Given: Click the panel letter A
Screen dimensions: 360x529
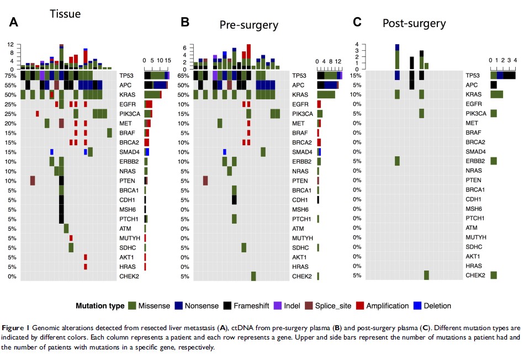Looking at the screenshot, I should [14, 22].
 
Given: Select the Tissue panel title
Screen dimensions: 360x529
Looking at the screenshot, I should [65, 14].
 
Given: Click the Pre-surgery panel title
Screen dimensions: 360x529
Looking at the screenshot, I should [248, 25].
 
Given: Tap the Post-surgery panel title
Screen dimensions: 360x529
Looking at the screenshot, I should [414, 23].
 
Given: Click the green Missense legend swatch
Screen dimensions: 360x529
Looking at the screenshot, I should [132, 305].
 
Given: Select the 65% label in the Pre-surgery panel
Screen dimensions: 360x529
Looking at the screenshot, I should [184, 76].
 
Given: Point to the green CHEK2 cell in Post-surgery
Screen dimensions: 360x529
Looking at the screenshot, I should [426, 276].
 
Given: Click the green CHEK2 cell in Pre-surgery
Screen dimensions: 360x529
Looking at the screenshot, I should [253, 276].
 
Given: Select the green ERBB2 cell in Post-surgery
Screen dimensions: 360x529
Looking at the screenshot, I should [397, 161].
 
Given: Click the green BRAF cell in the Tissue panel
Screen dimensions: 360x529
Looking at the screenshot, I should [109, 133].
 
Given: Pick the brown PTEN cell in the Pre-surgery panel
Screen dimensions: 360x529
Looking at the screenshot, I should [205, 181].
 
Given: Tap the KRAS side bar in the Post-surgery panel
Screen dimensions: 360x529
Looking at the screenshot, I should [496, 94].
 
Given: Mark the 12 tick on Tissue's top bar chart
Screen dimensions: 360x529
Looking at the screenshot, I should [10, 44].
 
